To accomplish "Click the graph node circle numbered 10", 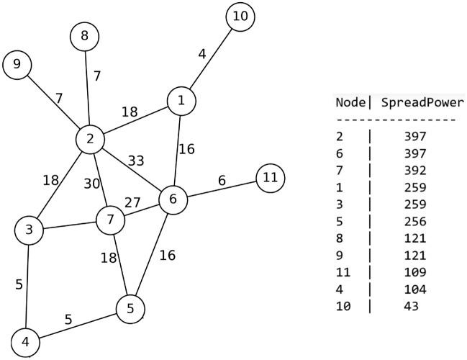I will [240, 17].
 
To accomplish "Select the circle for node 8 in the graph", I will [85, 36].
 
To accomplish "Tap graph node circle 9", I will [17, 66].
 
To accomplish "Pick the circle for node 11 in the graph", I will [271, 177].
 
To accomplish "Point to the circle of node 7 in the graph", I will [110, 220].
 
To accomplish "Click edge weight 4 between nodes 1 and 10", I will [202, 54].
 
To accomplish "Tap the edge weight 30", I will [91, 184].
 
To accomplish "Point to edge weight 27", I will [133, 202].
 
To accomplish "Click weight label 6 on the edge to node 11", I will [222, 181].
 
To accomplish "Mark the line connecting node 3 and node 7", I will [69, 225].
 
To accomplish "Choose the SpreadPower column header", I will [422, 103].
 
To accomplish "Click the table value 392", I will [416, 171].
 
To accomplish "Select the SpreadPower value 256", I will [416, 221].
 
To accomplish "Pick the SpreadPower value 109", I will [416, 272].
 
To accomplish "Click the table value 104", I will [416, 289].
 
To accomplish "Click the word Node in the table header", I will [351, 103].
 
